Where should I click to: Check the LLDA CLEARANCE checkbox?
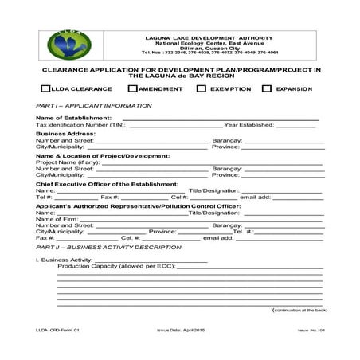pos(44,88)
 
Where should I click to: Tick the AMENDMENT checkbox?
pos(133,88)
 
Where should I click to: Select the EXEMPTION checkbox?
pos(202,88)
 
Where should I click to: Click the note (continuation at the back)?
pos(299,309)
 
